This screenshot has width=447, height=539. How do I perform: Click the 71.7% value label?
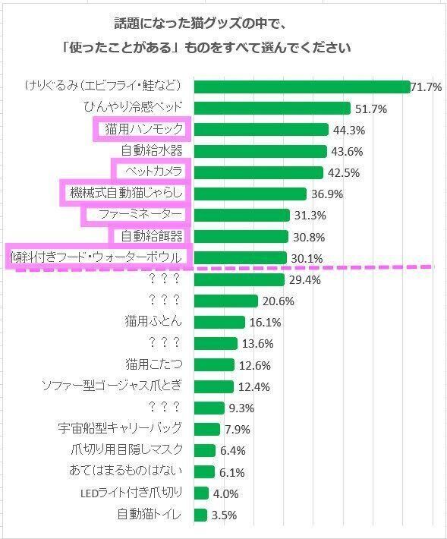pyautogui.click(x=427, y=87)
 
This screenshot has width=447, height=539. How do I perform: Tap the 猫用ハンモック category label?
pyautogui.click(x=143, y=130)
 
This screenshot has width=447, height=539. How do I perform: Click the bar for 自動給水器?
pyautogui.click(x=260, y=151)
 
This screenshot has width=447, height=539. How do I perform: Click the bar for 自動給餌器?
pyautogui.click(x=241, y=236)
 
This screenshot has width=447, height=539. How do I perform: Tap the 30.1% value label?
pyautogui.click(x=304, y=258)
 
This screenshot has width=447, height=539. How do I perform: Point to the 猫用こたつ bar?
pyautogui.click(x=214, y=364)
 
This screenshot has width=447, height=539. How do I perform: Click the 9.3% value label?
pyautogui.click(x=241, y=408)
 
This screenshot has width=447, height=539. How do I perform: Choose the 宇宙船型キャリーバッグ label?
pyautogui.click(x=121, y=429)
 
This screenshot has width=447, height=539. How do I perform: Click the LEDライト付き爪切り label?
pyautogui.click(x=131, y=493)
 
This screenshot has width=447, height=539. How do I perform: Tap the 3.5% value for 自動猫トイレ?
pyautogui.click(x=223, y=515)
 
